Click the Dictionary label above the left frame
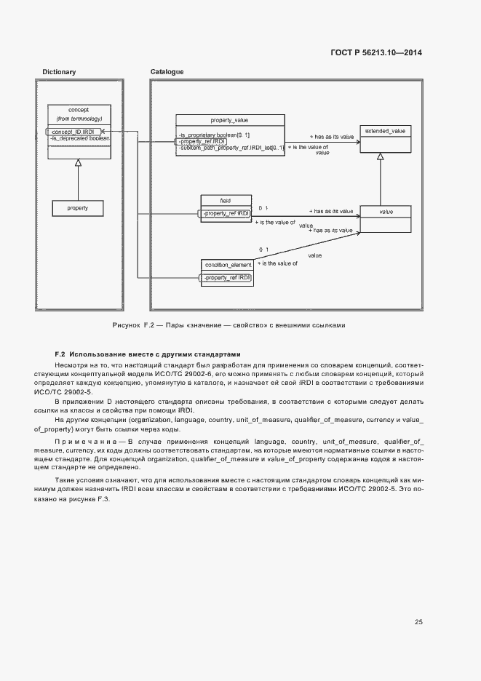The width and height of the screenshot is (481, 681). (x=59, y=72)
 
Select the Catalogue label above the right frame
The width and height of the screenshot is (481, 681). (x=167, y=72)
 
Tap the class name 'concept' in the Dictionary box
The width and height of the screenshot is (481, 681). (x=79, y=109)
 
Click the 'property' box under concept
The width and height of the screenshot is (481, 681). (x=78, y=208)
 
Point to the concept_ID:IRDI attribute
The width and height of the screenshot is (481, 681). (x=73, y=132)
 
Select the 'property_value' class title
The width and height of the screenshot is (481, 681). (x=229, y=119)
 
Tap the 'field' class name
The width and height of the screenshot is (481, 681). (x=225, y=199)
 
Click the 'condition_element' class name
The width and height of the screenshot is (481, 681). (x=228, y=264)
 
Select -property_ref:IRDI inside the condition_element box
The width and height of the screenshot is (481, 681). (x=227, y=278)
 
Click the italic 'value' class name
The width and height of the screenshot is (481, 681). (x=386, y=211)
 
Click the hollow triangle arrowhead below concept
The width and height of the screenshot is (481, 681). (x=78, y=164)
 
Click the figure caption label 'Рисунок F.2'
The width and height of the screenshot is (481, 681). (x=135, y=325)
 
